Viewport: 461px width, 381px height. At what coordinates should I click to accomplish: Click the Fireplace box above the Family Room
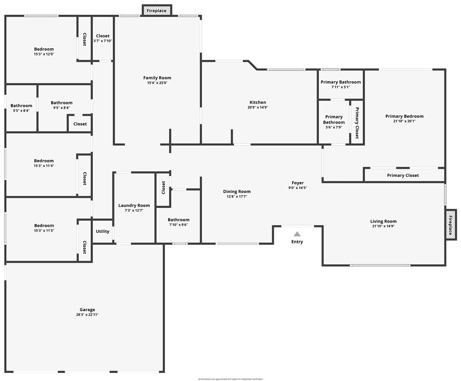[x=157, y=10]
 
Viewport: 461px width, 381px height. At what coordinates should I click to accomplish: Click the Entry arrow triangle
[x=297, y=234]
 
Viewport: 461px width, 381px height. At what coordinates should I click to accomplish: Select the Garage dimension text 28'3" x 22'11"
[x=87, y=315]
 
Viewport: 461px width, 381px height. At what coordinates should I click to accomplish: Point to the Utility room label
[x=102, y=232]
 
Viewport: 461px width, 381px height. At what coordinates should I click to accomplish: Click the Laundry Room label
[x=134, y=206]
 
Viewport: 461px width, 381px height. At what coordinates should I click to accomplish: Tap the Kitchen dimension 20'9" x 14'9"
[x=258, y=107]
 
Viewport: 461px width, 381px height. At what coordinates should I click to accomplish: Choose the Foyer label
[x=298, y=183]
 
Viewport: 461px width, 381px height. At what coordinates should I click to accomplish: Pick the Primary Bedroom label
[x=404, y=116]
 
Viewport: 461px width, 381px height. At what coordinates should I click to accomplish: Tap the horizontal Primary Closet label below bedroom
[x=403, y=175]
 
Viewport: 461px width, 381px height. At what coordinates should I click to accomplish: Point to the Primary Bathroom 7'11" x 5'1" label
[x=341, y=82]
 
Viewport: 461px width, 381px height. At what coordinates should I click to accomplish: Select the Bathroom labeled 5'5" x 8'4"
[x=21, y=106]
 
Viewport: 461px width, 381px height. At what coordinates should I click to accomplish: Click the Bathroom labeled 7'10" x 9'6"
[x=179, y=220]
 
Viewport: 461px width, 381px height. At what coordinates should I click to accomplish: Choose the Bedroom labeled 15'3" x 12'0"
[x=44, y=49]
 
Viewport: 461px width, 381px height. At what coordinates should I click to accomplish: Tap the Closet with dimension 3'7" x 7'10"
[x=102, y=36]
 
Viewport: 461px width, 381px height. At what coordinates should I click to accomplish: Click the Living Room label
[x=383, y=221]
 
